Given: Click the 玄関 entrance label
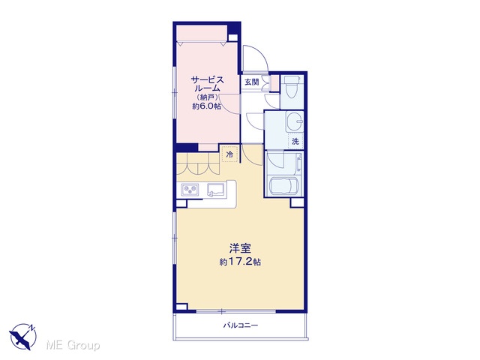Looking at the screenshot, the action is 252,82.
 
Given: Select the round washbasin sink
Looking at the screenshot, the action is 295,121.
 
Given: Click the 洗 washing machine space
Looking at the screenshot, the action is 295,142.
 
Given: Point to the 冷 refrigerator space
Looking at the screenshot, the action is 229,154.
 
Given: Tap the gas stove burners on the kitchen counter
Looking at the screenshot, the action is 190,190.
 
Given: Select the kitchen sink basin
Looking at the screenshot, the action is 216,189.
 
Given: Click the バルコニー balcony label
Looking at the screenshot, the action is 240,325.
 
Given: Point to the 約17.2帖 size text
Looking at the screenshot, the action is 240,262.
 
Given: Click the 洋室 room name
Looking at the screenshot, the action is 240,248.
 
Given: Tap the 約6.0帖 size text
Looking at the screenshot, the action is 207,106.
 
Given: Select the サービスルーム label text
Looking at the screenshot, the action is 207,84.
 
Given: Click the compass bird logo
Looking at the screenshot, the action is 23,337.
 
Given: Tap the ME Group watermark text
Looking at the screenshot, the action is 73,346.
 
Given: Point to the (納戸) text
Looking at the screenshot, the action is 207,97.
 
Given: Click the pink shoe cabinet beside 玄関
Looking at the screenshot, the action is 275,83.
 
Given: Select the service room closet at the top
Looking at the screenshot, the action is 202,34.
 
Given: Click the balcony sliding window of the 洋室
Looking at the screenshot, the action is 235,311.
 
